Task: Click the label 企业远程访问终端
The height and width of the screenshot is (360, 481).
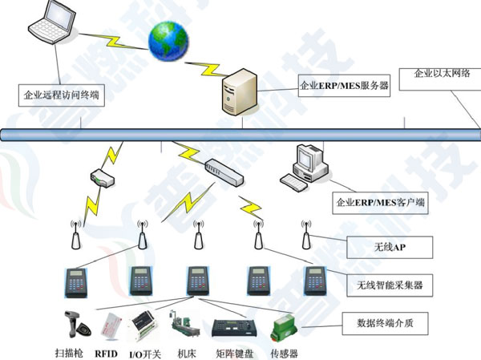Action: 61,94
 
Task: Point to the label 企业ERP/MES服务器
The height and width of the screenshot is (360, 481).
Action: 344,83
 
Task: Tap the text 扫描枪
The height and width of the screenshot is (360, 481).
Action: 67,351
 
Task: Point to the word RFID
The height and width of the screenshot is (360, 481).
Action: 107,351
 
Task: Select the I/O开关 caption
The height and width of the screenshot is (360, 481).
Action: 144,351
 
